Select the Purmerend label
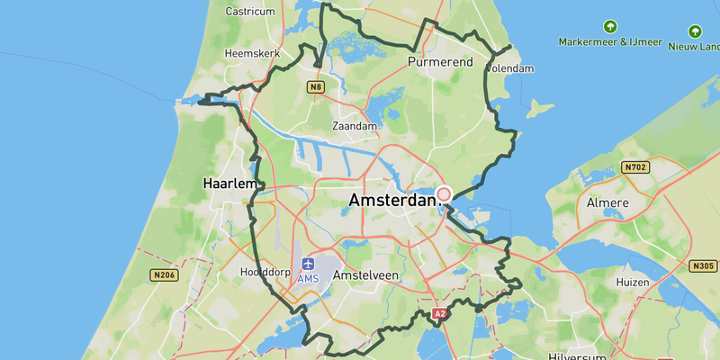tap(440, 63)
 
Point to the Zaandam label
tap(355, 127)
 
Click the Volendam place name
tap(509, 68)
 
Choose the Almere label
tap(607, 203)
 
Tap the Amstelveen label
tap(365, 274)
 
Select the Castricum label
tap(249, 12)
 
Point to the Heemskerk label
tap(252, 54)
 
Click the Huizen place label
tap(634, 283)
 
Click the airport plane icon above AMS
tap(309, 264)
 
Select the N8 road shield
tap(315, 87)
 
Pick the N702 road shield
tap(634, 167)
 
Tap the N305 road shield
tap(705, 266)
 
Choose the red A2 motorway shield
tap(439, 314)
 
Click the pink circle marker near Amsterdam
tap(444, 194)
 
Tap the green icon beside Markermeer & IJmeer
tap(611, 27)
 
